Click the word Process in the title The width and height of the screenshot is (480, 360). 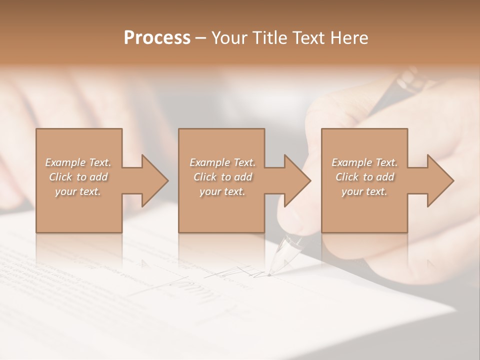157,38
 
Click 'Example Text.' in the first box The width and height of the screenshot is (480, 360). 78,162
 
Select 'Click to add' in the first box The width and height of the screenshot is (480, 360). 78,177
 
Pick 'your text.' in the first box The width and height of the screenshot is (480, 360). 78,191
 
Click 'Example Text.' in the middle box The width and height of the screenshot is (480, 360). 222,162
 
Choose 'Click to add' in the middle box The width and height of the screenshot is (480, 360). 222,177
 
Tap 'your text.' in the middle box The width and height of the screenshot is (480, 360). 222,191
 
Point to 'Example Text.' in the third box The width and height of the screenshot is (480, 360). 364,162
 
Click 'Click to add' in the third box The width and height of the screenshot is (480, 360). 364,177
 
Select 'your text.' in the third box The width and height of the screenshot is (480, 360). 364,191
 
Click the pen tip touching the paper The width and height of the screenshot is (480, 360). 269,274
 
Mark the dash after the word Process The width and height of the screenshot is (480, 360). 201,38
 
